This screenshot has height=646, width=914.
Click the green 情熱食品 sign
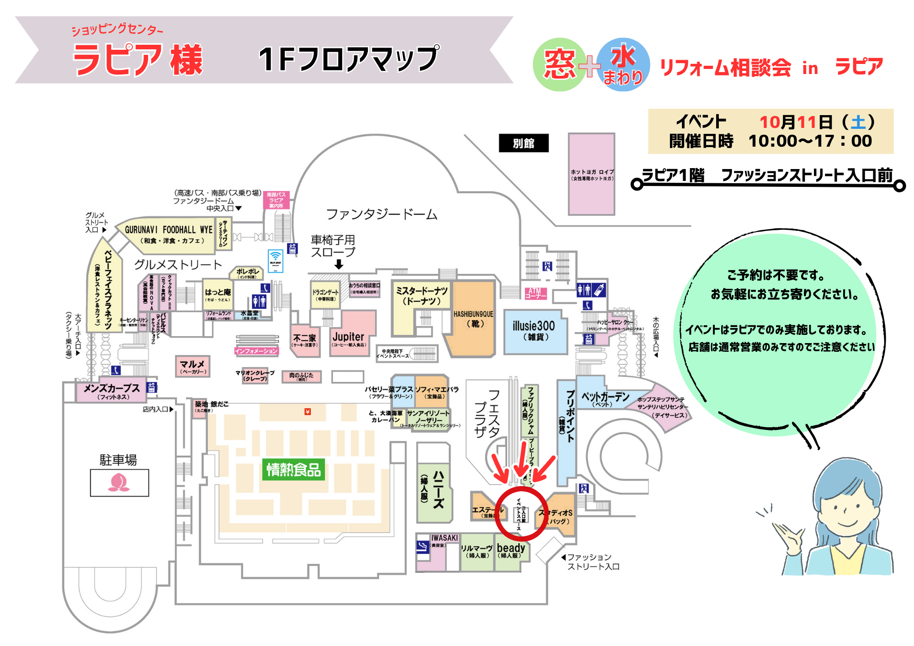(293, 469)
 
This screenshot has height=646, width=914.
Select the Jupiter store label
(348, 337)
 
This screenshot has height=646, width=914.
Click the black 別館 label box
(523, 143)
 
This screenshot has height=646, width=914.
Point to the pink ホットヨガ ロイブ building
(591, 174)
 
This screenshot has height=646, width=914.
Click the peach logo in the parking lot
(119, 482)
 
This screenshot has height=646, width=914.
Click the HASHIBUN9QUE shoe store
(473, 318)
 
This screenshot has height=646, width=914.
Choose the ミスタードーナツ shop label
(421, 296)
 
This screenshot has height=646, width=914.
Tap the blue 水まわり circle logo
(623, 64)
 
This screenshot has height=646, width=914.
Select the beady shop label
(511, 550)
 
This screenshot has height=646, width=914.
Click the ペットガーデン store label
(605, 398)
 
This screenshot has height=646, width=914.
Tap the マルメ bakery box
(192, 366)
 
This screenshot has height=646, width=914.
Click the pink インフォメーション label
(256, 351)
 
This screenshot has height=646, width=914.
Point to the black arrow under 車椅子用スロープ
(339, 265)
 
